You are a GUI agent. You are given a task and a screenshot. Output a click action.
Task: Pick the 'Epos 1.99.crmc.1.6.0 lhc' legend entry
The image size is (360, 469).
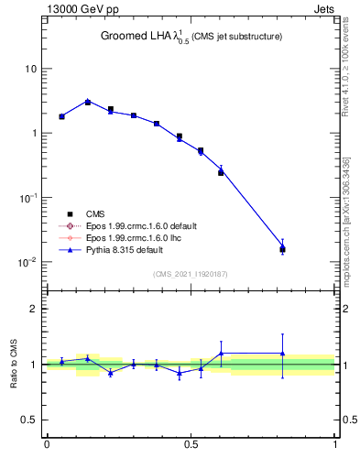(132, 237)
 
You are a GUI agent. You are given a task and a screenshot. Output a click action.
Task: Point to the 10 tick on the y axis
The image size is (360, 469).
(31, 70)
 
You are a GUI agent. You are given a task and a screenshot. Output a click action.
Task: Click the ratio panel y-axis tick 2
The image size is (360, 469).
(33, 309)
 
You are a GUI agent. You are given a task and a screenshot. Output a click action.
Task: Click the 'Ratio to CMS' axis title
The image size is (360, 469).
(13, 365)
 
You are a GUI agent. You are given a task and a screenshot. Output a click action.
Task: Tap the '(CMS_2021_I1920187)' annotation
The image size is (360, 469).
(191, 274)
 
